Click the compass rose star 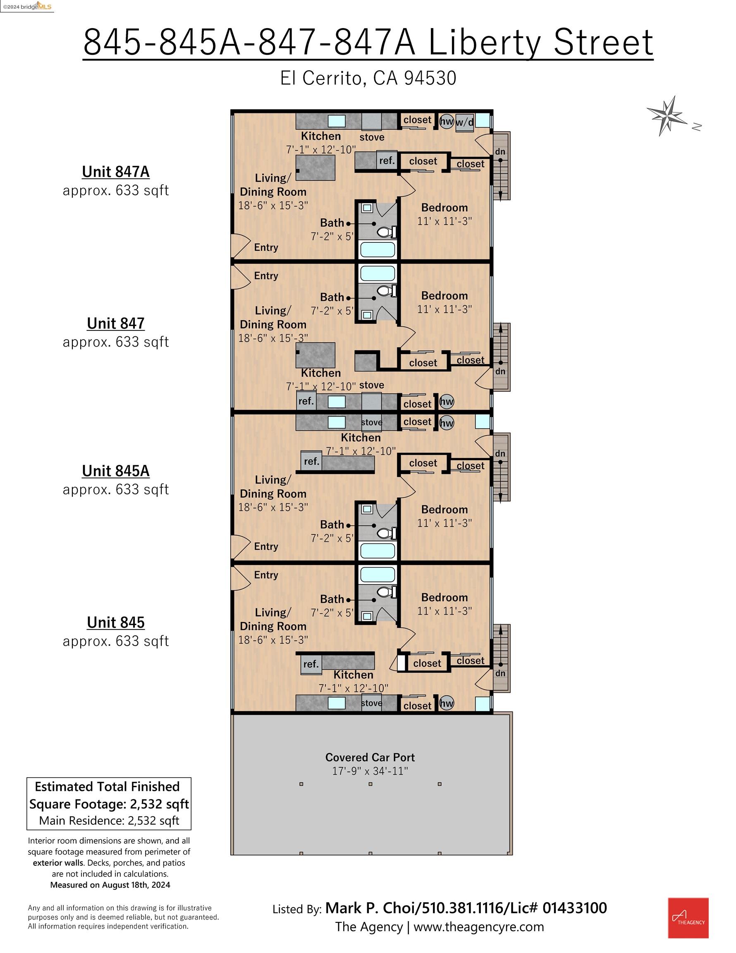click(667, 116)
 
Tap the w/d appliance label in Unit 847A click(464, 122)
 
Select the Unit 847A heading click(116, 172)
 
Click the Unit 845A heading click(116, 471)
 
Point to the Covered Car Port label click(370, 757)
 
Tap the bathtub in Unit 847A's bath click(378, 249)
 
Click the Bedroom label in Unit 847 click(444, 295)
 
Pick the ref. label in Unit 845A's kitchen click(311, 461)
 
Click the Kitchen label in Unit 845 click(353, 675)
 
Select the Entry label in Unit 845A click(266, 546)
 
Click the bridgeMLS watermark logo click(27, 6)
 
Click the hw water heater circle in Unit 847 click(446, 402)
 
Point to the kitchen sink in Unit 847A click(337, 121)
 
